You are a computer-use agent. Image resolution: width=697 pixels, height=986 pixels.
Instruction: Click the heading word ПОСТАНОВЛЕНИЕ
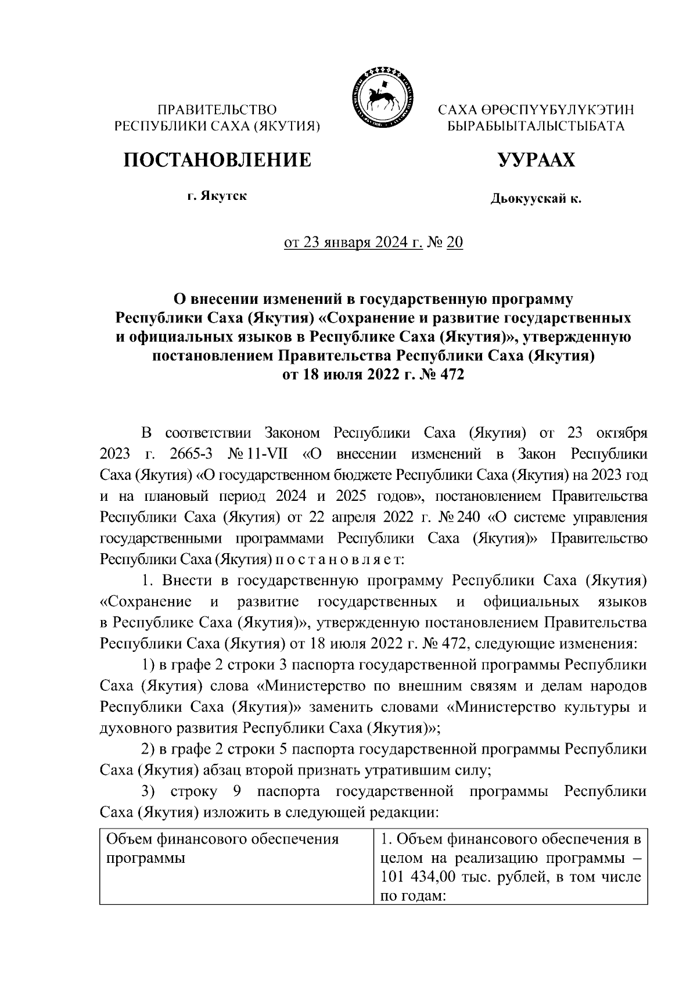pyautogui.click(x=217, y=160)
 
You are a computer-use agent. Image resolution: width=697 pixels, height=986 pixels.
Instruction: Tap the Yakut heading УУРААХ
pyautogui.click(x=536, y=160)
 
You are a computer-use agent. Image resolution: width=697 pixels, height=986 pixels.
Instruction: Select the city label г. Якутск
pyautogui.click(x=217, y=196)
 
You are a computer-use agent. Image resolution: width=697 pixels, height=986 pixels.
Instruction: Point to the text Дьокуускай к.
pyautogui.click(x=536, y=200)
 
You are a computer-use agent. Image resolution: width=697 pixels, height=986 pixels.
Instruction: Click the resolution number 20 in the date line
pyautogui.click(x=455, y=243)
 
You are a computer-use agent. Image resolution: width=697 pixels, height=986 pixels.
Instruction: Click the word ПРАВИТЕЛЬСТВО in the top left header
pyautogui.click(x=218, y=109)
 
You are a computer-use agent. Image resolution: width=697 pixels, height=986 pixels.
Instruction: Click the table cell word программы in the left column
pyautogui.click(x=143, y=858)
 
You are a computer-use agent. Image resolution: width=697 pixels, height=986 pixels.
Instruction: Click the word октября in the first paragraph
pyautogui.click(x=618, y=433)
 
